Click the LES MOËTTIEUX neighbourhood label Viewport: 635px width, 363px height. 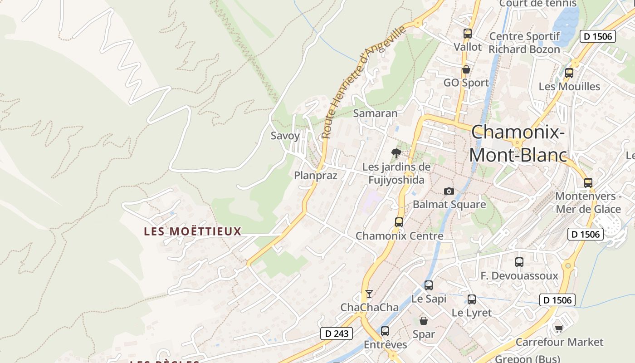(x=192, y=231)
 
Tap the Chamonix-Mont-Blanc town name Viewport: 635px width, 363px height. (x=518, y=144)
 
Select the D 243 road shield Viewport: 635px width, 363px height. (x=337, y=334)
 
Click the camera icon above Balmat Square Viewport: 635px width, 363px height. (x=449, y=191)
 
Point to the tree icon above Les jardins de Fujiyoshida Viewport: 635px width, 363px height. (x=396, y=153)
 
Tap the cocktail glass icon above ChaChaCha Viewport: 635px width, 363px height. (x=369, y=294)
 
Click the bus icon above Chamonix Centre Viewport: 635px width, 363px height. (x=399, y=222)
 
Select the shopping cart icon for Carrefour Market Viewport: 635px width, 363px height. (x=559, y=328)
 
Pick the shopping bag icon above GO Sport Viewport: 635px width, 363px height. (x=466, y=69)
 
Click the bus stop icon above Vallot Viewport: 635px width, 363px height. (x=468, y=33)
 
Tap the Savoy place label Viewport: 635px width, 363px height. (x=285, y=136)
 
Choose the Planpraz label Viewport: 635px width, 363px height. (x=316, y=176)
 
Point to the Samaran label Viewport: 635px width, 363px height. (x=375, y=113)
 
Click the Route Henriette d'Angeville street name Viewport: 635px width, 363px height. (x=363, y=82)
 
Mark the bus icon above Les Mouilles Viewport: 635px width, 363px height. (x=569, y=73)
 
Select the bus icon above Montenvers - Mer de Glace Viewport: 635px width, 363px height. (x=588, y=183)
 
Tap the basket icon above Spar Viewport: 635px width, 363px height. (x=424, y=321)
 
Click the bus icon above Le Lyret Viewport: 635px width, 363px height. (x=472, y=299)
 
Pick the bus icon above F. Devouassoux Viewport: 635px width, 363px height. (x=519, y=262)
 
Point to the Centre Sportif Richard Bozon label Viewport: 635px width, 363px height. (x=524, y=43)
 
